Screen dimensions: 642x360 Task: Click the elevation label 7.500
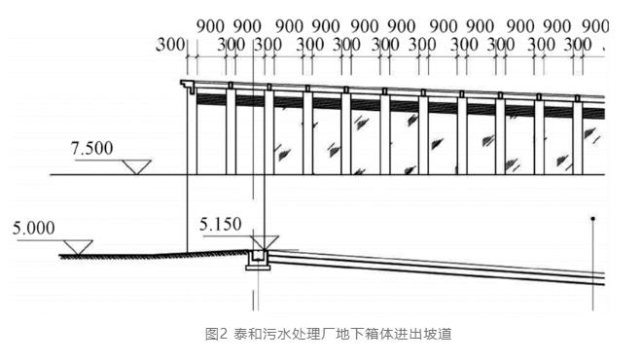click(x=91, y=148)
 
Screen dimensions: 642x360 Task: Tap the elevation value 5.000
click(x=34, y=228)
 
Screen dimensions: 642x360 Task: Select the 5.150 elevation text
click(x=221, y=225)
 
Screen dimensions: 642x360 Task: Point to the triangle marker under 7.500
click(x=137, y=166)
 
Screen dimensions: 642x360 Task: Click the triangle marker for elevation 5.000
click(x=78, y=247)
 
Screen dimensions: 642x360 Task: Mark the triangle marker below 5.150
click(x=264, y=243)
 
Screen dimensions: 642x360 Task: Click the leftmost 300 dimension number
click(x=170, y=45)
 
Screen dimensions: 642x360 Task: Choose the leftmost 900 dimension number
click(x=210, y=26)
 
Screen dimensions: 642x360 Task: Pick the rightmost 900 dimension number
click(x=595, y=26)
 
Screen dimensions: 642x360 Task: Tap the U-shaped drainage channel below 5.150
click(x=259, y=258)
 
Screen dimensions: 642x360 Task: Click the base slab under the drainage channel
click(x=259, y=268)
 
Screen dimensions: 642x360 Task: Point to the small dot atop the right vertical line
click(x=592, y=219)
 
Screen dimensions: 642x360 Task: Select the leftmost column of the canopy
click(x=192, y=130)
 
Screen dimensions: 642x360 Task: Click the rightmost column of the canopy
click(x=578, y=138)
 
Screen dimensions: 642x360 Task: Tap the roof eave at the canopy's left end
click(x=188, y=86)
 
